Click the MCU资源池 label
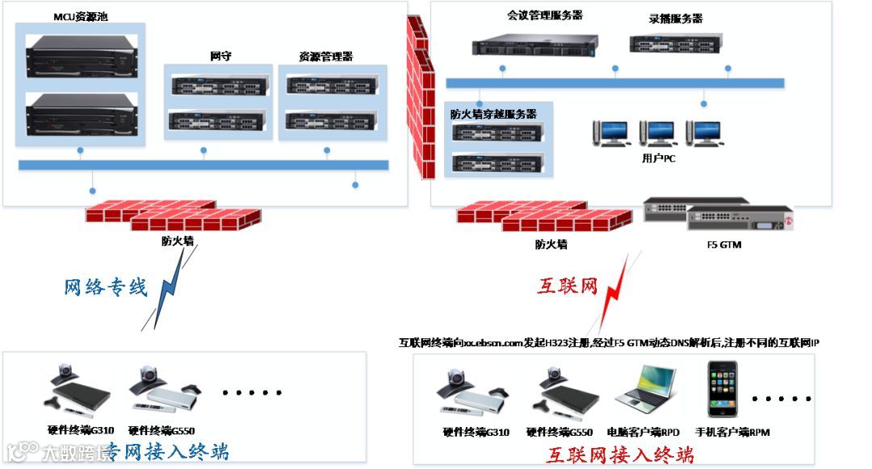click(80, 16)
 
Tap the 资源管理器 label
click(325, 57)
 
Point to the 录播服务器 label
click(675, 19)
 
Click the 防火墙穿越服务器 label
click(493, 114)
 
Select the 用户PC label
click(658, 158)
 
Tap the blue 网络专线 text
click(106, 287)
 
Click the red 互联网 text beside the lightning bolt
click(567, 285)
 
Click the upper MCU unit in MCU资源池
click(81, 54)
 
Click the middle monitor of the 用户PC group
click(656, 132)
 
